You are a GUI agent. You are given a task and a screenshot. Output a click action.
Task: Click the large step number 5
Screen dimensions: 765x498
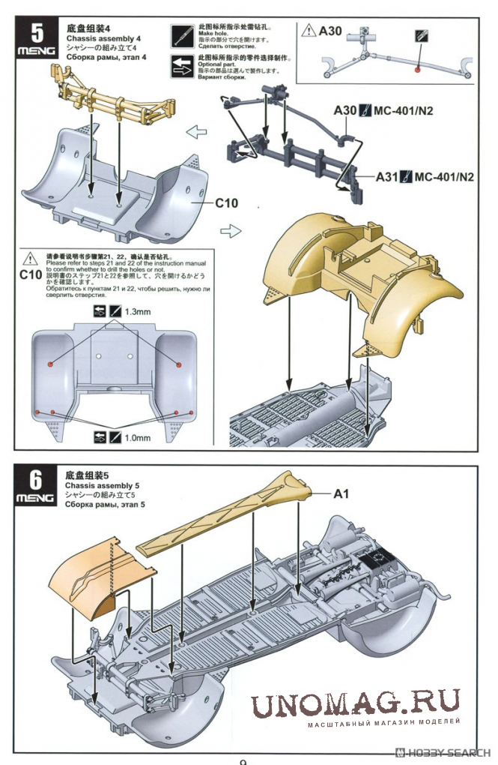tap(35, 34)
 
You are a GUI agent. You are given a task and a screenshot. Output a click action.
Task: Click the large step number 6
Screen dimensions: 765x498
tap(35, 479)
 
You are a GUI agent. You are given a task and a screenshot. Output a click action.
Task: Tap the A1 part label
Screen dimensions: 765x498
tap(341, 493)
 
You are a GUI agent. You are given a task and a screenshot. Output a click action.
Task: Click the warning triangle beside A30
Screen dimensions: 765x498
tap(309, 31)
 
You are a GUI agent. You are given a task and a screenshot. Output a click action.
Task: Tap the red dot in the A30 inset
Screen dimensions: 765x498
tap(419, 69)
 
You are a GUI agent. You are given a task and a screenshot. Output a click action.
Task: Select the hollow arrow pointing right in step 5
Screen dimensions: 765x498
tap(231, 231)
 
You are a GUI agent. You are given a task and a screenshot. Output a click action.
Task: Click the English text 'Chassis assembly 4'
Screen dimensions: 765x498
tap(103, 38)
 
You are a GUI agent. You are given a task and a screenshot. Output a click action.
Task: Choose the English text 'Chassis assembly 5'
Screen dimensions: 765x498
tap(103, 486)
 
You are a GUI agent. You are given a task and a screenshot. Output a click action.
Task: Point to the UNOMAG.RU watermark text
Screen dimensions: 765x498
tap(355, 706)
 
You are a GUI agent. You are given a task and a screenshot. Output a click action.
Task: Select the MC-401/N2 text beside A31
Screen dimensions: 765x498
tap(444, 178)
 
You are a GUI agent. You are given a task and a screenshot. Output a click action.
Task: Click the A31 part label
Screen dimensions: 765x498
tap(386, 178)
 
